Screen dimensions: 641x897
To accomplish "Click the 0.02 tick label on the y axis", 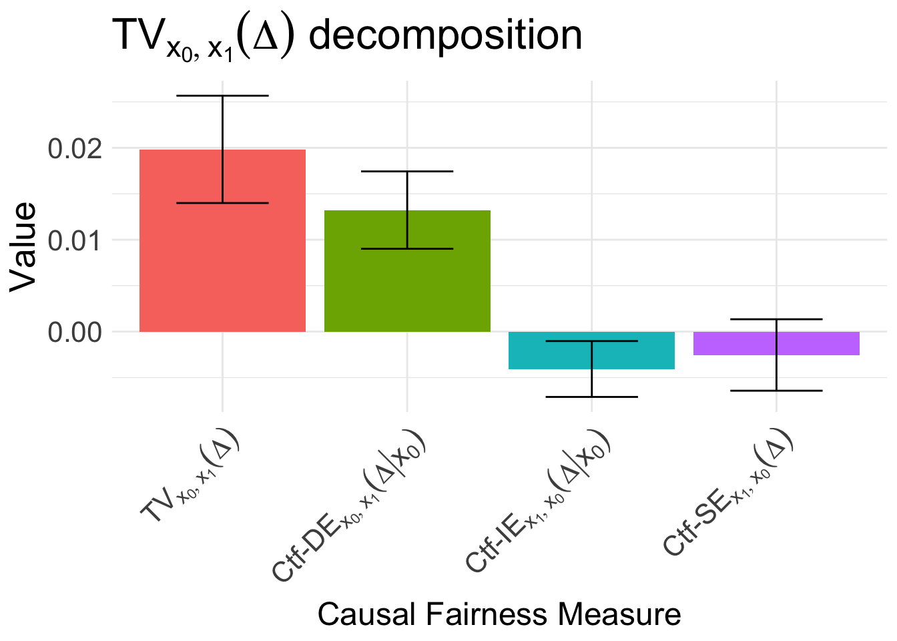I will click(x=75, y=148).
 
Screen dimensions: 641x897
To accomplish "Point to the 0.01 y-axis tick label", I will click(x=75, y=240).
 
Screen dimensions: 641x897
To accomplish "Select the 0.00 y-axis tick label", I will click(x=75, y=332).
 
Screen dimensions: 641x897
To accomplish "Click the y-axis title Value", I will click(x=23, y=247).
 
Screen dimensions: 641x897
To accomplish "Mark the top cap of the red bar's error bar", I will click(x=222, y=95).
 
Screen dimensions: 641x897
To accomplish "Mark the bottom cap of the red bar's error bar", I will click(x=222, y=203).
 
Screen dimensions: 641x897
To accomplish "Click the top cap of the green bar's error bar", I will click(x=407, y=172).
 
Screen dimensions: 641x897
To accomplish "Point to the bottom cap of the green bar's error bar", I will click(x=407, y=248).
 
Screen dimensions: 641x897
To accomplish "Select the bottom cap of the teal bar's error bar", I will click(x=591, y=397).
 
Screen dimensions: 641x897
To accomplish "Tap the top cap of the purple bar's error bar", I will click(x=776, y=319).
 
